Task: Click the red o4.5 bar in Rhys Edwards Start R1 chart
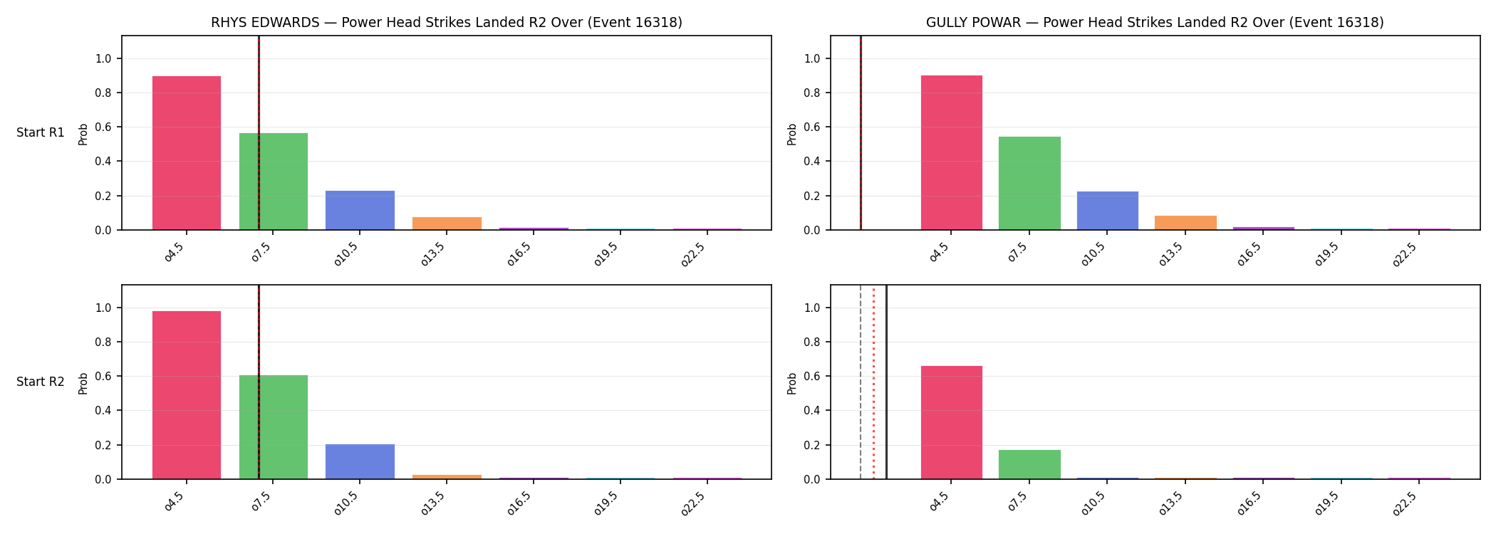click(187, 153)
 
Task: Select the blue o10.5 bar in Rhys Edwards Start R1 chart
click(360, 210)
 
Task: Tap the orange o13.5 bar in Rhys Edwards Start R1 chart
click(447, 224)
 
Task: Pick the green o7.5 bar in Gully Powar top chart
click(1029, 183)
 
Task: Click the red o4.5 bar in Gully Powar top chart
click(952, 152)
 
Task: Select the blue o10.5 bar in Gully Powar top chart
click(1108, 211)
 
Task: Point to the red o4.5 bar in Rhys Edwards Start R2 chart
click(187, 395)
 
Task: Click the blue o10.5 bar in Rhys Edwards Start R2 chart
click(360, 461)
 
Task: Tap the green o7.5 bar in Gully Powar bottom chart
click(1029, 464)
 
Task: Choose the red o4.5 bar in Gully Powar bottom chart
click(952, 422)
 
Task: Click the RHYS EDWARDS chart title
click(447, 23)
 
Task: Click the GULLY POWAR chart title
click(1155, 23)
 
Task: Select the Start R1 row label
click(41, 132)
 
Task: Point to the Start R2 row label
click(41, 382)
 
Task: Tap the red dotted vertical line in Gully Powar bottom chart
click(873, 382)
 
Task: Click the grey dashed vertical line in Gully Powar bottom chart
click(861, 382)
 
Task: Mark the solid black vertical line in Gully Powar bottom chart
click(886, 382)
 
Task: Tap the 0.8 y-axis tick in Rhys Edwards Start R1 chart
click(104, 93)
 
